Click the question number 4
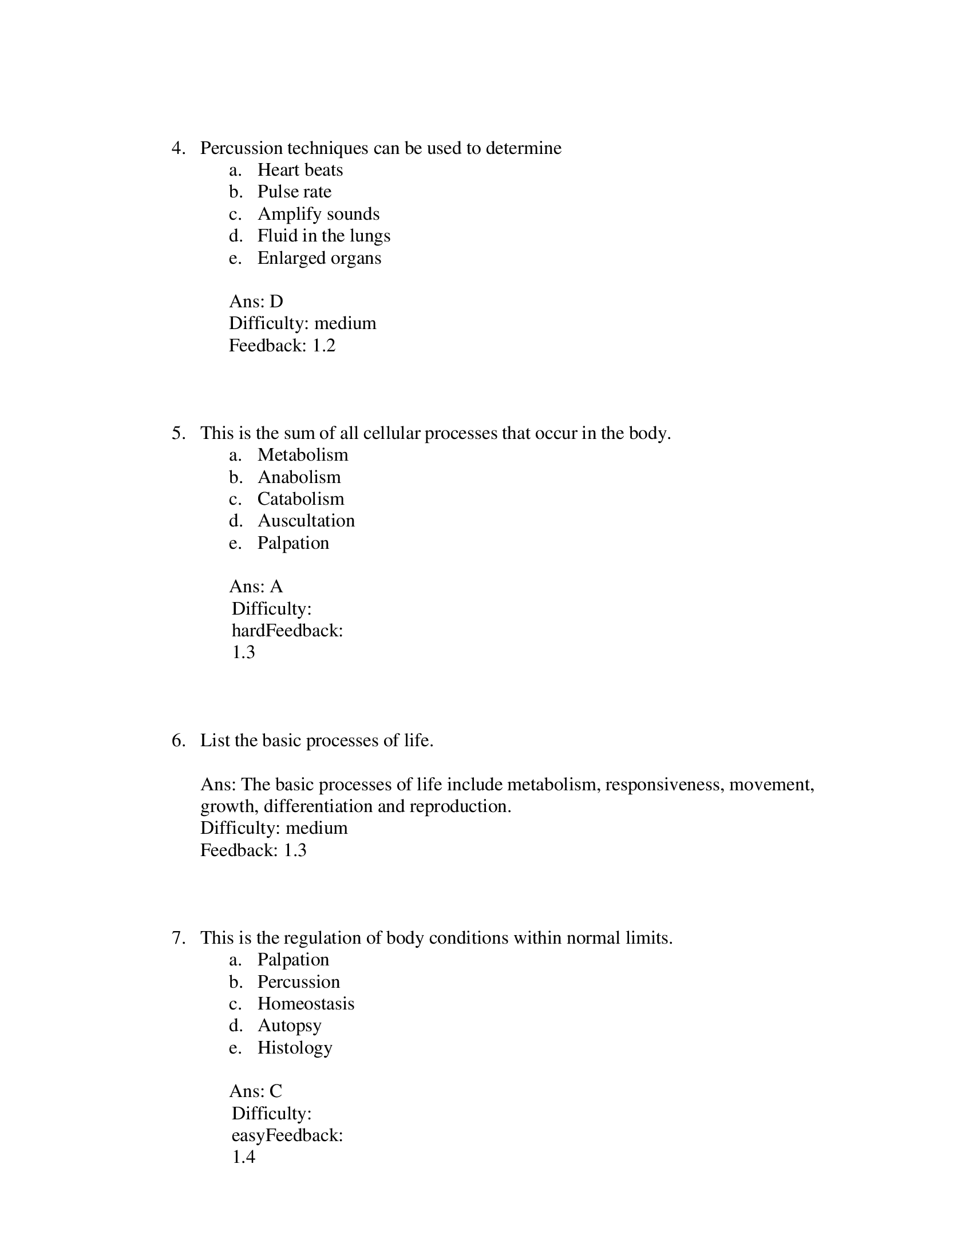178,148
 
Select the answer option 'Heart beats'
300,170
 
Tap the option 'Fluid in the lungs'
323,236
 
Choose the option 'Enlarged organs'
319,258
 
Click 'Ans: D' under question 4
256,302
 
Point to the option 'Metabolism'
303,455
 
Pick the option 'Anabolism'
299,477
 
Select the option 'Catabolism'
300,498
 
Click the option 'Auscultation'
306,521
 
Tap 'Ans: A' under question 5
256,586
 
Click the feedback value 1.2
323,345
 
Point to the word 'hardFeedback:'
287,631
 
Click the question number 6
178,740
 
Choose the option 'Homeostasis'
306,1004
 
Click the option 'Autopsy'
289,1026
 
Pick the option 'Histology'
295,1047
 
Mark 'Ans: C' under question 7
255,1091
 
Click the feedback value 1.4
243,1157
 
